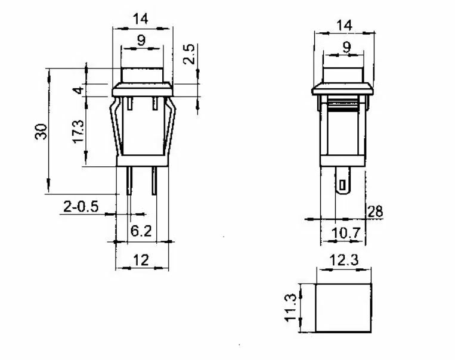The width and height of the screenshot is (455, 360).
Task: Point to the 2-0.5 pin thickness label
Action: point(81,206)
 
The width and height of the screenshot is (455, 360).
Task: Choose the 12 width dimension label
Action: point(141,259)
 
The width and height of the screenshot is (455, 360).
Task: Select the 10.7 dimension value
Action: point(346,233)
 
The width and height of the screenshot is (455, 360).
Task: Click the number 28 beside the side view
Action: point(375,211)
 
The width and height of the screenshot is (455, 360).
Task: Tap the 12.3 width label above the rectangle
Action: point(343,260)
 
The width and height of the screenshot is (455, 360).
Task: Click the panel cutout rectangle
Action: point(343,308)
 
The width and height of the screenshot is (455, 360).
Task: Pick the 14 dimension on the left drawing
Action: point(141,18)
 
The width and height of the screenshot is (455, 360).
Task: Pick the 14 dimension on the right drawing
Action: point(344,25)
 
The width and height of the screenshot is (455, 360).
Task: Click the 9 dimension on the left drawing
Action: point(141,41)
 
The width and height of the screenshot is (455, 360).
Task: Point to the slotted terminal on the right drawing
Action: point(343,181)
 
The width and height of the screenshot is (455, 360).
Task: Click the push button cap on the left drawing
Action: point(142,76)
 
